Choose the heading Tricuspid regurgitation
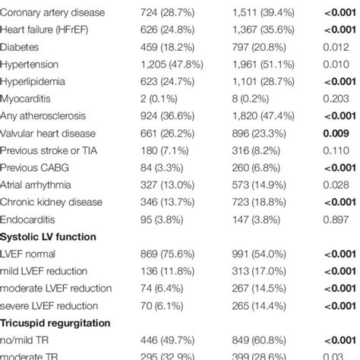click(x=59, y=323)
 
